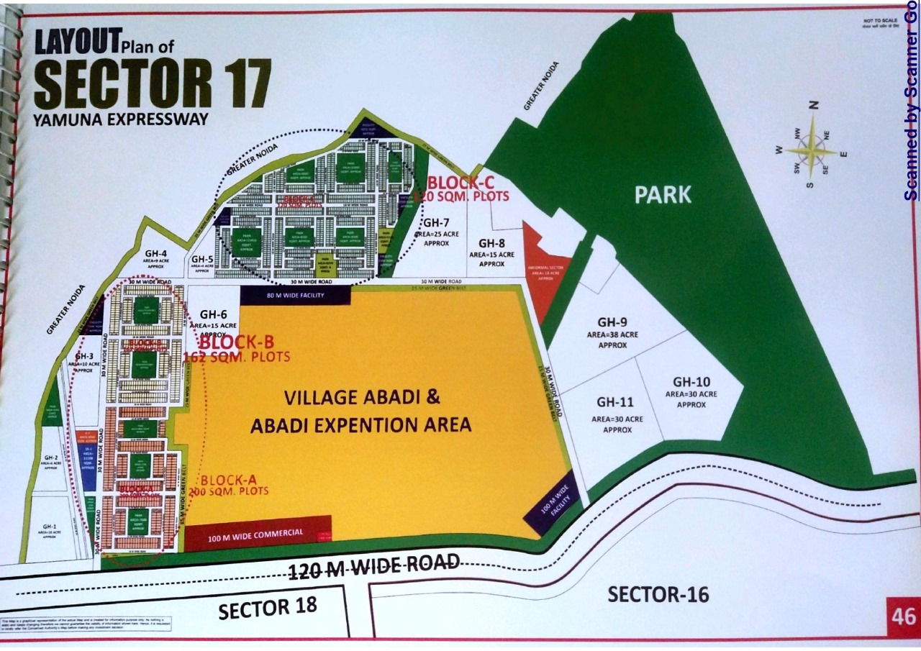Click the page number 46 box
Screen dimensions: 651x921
tap(902, 617)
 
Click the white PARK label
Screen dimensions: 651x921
tap(663, 194)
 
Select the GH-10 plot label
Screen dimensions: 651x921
tap(691, 381)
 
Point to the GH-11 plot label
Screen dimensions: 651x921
tap(616, 402)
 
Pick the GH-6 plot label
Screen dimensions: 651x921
tap(214, 314)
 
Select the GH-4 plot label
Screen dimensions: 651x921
tap(156, 253)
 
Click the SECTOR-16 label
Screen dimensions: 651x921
tap(658, 595)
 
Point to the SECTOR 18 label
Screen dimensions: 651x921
tap(268, 609)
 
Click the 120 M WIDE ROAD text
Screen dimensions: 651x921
tap(373, 566)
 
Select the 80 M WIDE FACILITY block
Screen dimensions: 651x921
tap(295, 295)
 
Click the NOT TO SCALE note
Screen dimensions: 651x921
tap(879, 22)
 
